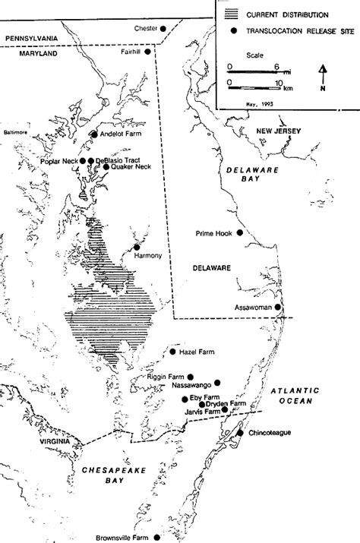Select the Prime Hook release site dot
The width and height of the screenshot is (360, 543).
coord(240,232)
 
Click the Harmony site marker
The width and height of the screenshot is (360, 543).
coord(137,247)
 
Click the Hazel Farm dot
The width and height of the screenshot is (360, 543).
coord(172,352)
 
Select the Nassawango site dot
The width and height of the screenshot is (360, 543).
coord(218,383)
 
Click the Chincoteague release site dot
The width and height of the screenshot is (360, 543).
coord(240,432)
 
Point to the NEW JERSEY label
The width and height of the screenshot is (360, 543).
coord(279,131)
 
